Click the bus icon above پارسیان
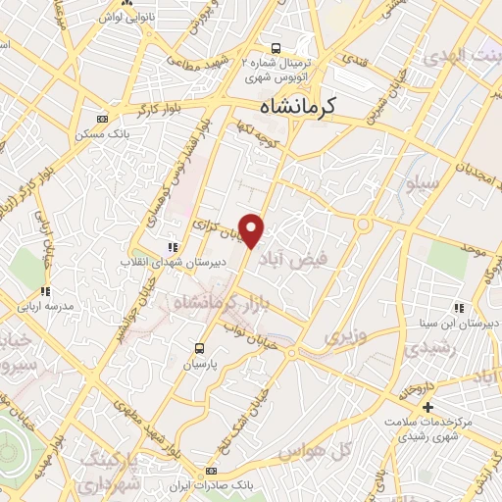point(200,348)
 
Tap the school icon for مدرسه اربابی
point(45,290)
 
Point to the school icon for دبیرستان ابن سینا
point(459,308)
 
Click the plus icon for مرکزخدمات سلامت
point(427,406)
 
